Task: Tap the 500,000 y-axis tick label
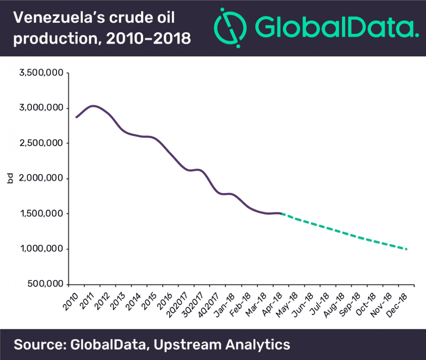(44, 284)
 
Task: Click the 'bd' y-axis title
(10, 178)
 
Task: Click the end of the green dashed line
(406, 249)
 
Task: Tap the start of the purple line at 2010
(76, 117)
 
